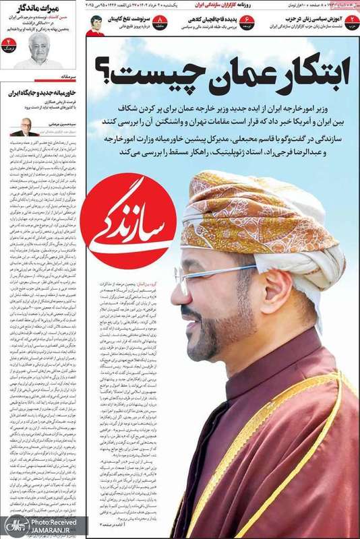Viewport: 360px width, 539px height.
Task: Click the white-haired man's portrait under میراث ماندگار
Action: [x=39, y=50]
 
